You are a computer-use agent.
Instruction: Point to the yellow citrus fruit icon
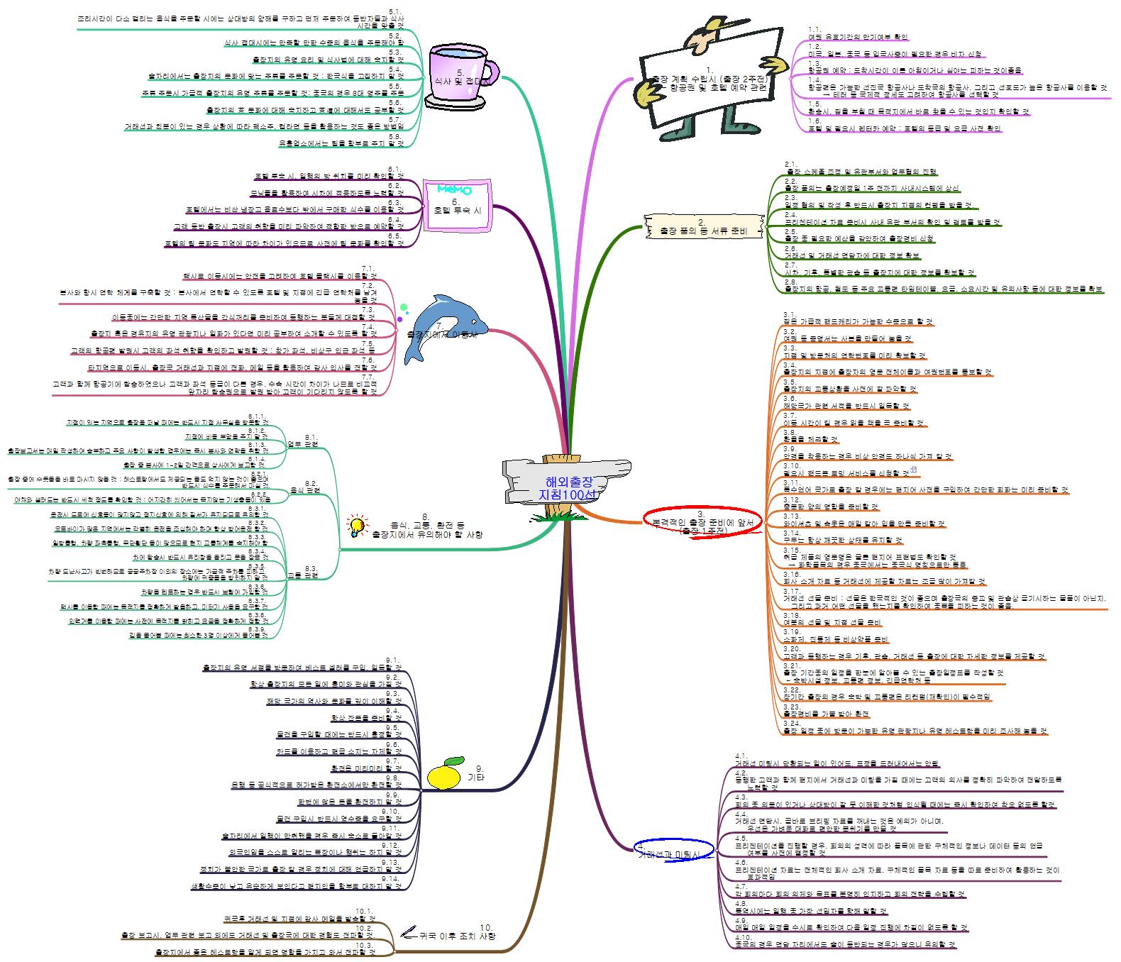click(x=445, y=773)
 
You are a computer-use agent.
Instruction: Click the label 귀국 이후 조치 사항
click(x=458, y=935)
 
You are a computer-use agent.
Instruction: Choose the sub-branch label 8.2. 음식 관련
click(x=305, y=487)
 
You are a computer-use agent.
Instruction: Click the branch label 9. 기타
click(x=477, y=773)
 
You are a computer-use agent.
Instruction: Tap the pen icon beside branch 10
click(x=409, y=931)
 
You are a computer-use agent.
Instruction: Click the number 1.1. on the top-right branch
click(x=814, y=29)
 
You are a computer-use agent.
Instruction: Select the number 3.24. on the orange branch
click(x=791, y=723)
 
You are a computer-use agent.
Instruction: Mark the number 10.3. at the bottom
click(x=365, y=944)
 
